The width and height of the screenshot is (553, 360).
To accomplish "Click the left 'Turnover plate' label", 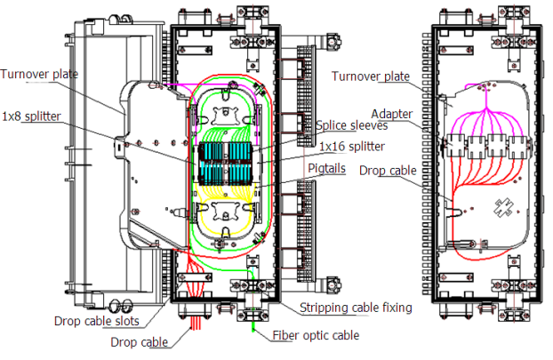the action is (x=39, y=75).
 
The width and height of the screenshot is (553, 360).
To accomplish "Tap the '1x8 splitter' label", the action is (x=31, y=116).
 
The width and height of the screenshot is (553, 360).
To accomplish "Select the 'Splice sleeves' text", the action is (x=351, y=125).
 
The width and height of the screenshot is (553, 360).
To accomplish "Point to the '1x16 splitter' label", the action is (x=352, y=147).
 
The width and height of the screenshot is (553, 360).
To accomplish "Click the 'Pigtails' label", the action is (x=326, y=168).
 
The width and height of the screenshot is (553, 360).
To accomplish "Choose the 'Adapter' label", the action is (x=392, y=114).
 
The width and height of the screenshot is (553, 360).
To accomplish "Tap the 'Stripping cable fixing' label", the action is (x=356, y=308).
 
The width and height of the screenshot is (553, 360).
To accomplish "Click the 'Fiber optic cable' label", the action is (x=316, y=335).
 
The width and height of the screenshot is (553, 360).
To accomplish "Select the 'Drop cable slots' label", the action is (x=97, y=321).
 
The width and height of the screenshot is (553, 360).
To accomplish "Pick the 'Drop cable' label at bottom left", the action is (x=140, y=342).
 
